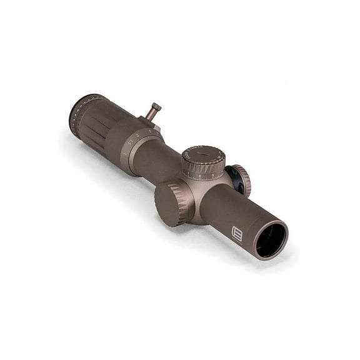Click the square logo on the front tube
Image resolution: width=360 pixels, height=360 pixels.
[x=237, y=232]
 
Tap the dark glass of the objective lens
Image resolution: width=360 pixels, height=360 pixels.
[x=271, y=241]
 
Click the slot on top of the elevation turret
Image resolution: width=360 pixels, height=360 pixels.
[x=201, y=153]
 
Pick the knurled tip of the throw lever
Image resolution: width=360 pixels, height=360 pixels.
[x=154, y=108]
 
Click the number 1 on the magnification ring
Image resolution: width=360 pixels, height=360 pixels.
[x=124, y=152]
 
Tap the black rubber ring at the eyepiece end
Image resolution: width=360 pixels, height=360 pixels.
[x=74, y=112]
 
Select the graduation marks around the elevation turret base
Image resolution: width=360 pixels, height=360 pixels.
[x=203, y=176]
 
